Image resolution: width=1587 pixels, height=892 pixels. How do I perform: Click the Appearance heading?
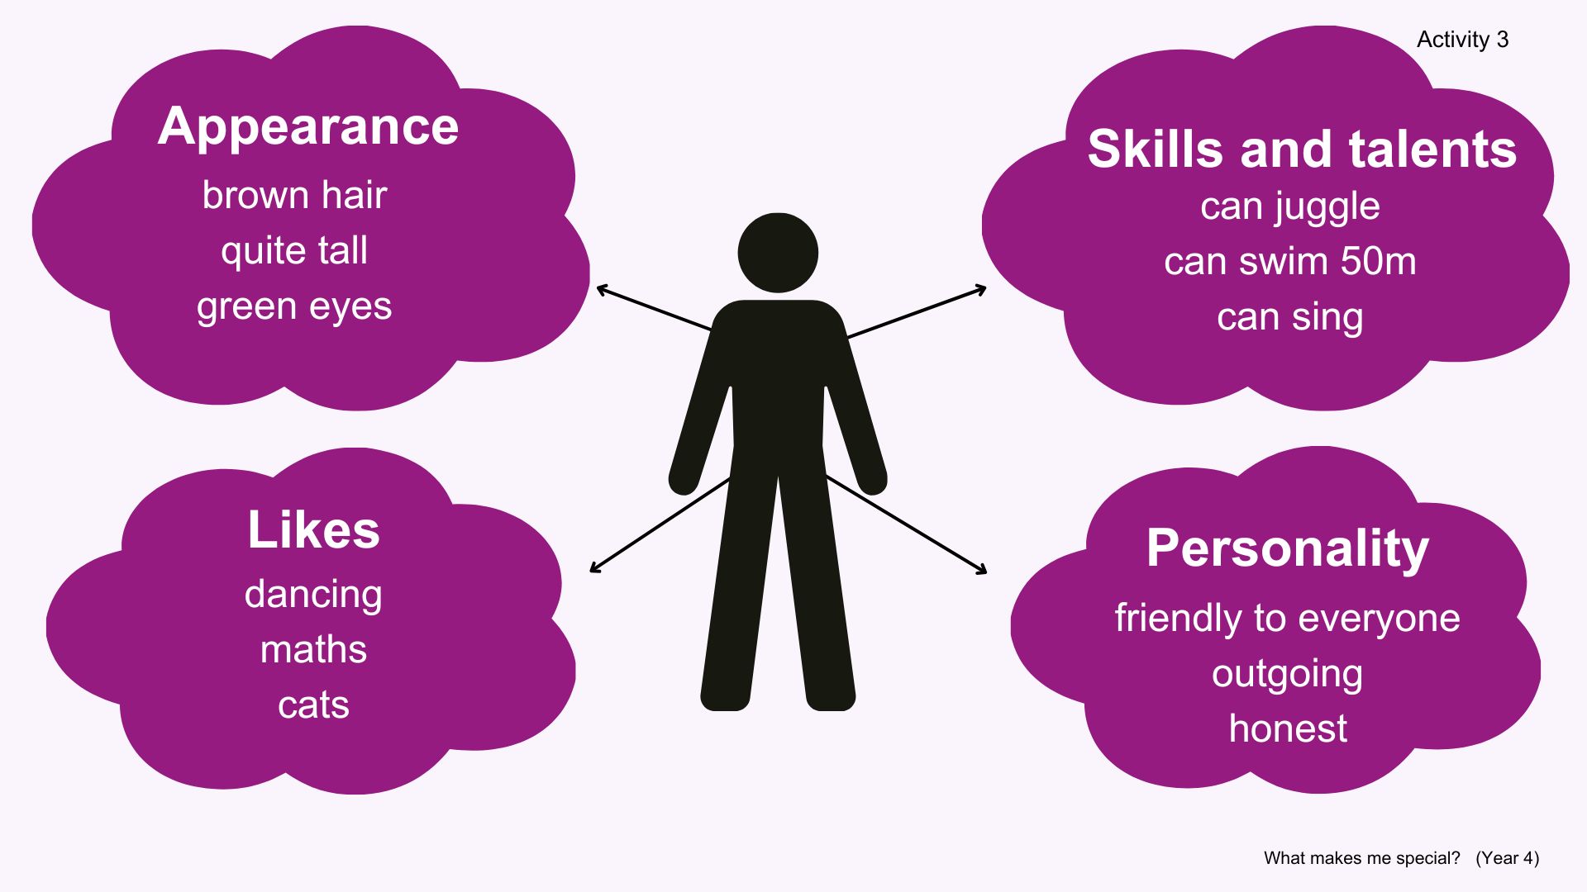(308, 126)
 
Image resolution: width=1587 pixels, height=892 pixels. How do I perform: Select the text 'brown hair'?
(294, 196)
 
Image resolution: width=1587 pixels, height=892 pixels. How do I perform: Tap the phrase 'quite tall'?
(294, 251)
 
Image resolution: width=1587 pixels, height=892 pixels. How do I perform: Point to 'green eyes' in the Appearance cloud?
(294, 306)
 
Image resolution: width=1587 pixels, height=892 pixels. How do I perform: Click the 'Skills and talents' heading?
(1302, 149)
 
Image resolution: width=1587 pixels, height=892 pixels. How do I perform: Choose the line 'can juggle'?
(1289, 206)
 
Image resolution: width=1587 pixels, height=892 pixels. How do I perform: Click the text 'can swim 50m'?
(1289, 262)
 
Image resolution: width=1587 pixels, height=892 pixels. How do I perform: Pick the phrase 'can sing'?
(1289, 317)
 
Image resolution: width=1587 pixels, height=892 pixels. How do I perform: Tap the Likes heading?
(313, 529)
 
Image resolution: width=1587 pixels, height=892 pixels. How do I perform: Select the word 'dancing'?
(313, 595)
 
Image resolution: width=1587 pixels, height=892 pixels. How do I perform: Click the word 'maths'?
(313, 650)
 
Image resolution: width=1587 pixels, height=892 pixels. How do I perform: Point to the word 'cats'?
(313, 705)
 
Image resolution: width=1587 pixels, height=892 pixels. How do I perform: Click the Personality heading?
(1287, 548)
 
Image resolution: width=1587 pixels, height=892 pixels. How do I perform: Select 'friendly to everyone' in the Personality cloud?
(1287, 619)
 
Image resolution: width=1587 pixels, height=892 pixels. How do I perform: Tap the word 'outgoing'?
(1287, 674)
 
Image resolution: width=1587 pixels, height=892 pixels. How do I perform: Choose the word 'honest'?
(1287, 729)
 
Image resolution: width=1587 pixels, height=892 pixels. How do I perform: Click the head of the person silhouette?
(778, 253)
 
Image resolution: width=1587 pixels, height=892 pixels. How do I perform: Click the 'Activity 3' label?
(1462, 40)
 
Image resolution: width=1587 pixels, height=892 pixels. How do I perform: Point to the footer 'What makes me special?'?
(1361, 858)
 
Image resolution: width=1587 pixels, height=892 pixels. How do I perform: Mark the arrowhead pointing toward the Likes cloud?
(593, 569)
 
